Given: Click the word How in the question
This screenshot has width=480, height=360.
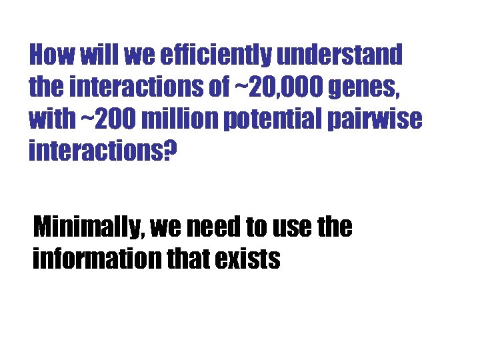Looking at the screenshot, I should click(53, 55).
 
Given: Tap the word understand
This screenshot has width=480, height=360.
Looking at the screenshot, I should click(339, 55).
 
